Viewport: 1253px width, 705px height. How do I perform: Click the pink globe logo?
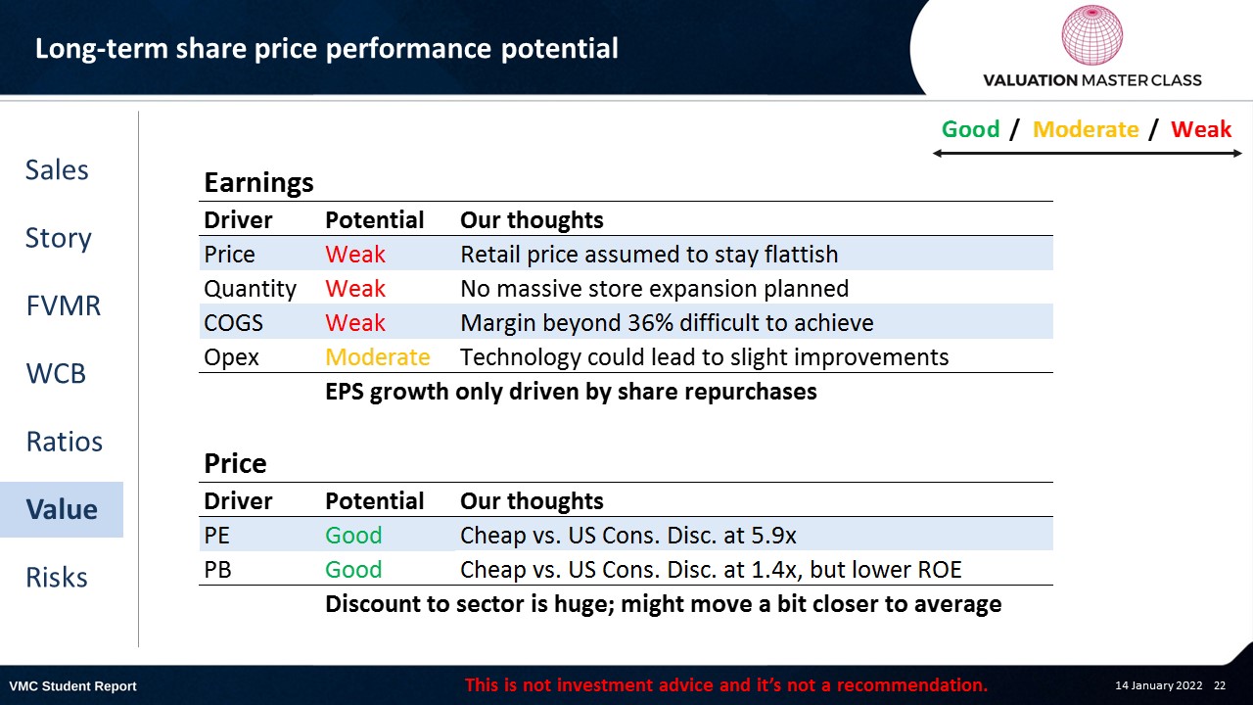tap(1091, 34)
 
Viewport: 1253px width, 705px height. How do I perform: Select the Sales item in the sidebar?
tap(57, 169)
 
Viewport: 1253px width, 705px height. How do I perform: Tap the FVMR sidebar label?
tap(64, 305)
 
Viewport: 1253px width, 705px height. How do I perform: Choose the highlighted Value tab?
tap(62, 509)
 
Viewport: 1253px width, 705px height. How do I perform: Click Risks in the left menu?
tap(57, 577)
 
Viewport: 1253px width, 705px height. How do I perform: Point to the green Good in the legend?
tap(970, 129)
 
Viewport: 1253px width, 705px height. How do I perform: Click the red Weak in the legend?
tap(1201, 129)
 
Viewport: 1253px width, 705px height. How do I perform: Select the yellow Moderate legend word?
tap(1086, 129)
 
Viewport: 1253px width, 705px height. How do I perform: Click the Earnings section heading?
tap(258, 183)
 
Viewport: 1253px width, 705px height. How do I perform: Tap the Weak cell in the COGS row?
tap(355, 323)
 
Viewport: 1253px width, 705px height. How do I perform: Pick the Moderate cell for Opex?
tap(378, 357)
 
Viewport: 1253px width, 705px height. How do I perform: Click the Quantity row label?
tap(250, 289)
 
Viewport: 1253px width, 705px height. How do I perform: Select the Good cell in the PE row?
tap(353, 536)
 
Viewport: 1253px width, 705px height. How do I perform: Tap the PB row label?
tap(217, 570)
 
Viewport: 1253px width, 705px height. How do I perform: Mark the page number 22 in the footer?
tap(1220, 685)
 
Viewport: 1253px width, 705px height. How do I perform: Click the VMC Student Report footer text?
tap(72, 686)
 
